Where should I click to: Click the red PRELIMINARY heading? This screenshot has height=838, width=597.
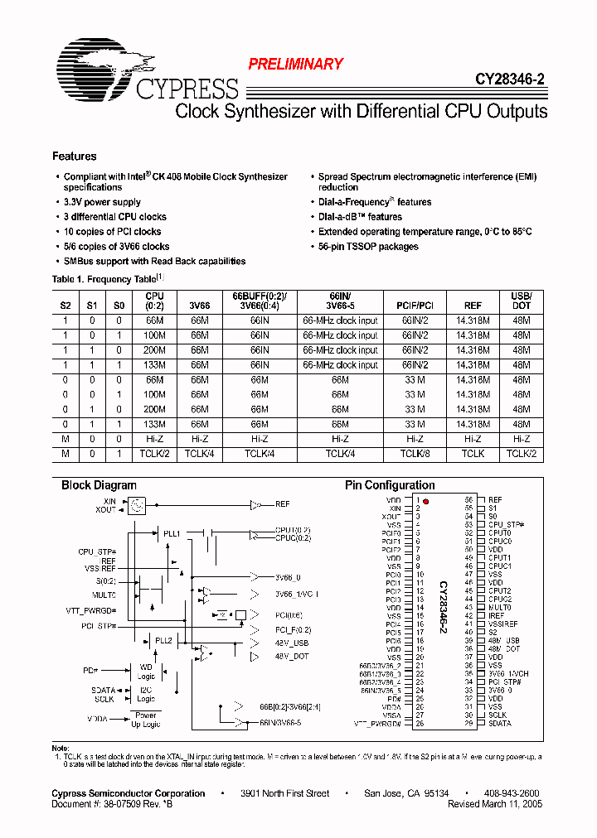pos(296,64)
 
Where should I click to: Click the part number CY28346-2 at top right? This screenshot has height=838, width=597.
pos(510,80)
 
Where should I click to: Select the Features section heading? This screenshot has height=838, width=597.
pos(75,157)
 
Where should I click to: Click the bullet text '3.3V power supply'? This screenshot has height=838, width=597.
pos(102,202)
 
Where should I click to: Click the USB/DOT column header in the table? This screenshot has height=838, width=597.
pos(521,300)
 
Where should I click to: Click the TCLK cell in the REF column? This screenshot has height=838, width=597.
pos(473,454)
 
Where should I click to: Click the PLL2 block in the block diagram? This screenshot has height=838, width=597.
pos(163,640)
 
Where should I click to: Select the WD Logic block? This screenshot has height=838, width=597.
pos(146,671)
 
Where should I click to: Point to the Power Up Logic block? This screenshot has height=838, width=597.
pos(146,720)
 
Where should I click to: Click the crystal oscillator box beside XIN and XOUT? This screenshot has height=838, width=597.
pos(138,504)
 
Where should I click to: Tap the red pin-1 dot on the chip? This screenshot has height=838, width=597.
pos(426,501)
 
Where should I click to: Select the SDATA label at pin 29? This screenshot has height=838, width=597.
pos(500,723)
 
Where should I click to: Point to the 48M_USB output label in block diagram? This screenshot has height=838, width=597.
pos(290,643)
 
